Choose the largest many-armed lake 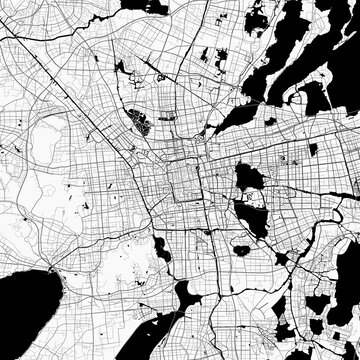click(x=300, y=60)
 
